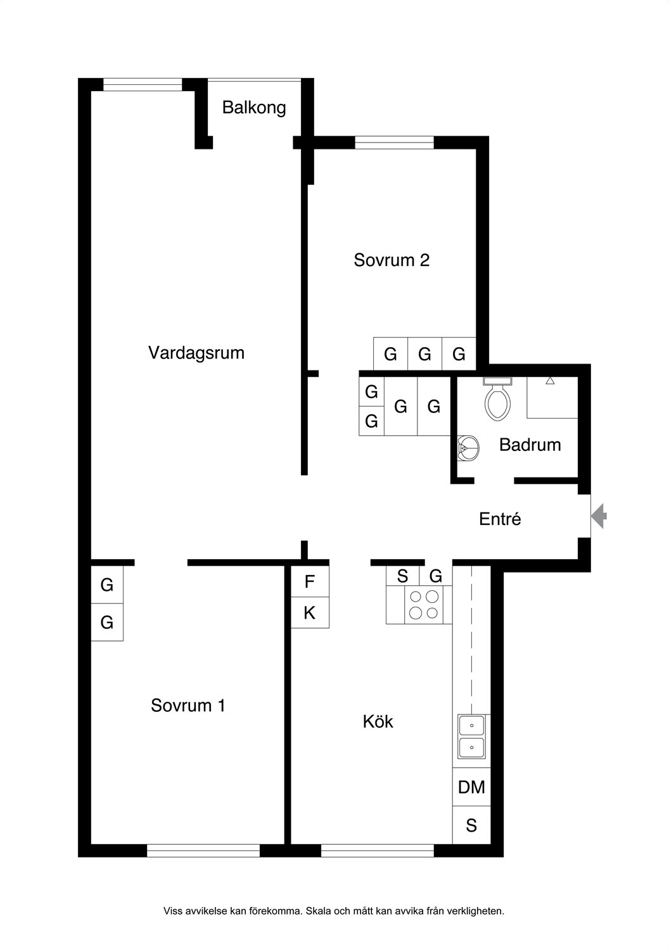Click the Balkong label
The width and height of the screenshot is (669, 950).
tap(253, 108)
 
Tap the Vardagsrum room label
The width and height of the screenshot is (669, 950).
tap(196, 353)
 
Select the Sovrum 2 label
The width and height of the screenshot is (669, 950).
tap(392, 260)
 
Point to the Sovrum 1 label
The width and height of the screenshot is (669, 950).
tap(188, 706)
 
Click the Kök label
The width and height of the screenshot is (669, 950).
tap(378, 721)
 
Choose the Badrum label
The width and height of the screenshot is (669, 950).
tap(530, 445)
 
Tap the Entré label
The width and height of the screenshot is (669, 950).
tap(500, 519)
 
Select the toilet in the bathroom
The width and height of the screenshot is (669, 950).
tap(497, 398)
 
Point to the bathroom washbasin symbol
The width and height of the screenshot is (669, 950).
tap(468, 448)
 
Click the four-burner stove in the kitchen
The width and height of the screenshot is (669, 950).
tap(424, 605)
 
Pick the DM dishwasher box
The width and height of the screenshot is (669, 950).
tap(471, 787)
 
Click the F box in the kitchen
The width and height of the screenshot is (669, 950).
tap(310, 581)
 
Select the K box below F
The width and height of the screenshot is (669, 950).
tap(310, 613)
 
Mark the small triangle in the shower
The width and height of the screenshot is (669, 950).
tap(551, 381)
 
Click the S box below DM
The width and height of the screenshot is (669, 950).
tap(471, 825)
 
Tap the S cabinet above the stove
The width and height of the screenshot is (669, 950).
tap(402, 576)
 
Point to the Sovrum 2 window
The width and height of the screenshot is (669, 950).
tap(394, 142)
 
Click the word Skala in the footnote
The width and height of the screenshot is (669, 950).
tap(319, 911)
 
